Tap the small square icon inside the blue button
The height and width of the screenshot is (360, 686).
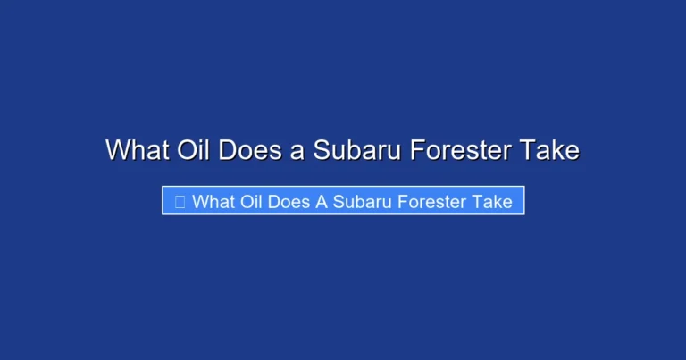coord(180,202)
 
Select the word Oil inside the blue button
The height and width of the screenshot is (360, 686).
coord(253,202)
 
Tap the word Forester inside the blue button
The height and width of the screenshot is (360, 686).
coord(434,202)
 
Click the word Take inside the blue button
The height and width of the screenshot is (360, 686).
coord(493,202)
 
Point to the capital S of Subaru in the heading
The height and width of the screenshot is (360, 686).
coord(321,149)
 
